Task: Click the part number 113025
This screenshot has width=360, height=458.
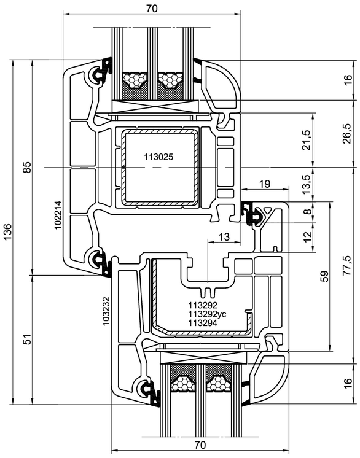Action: click(x=158, y=157)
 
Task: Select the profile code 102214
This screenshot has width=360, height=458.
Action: click(x=58, y=215)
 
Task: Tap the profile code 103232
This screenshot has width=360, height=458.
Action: click(x=106, y=311)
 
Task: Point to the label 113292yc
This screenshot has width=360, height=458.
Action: click(x=207, y=314)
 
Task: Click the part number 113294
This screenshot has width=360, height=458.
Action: click(x=203, y=323)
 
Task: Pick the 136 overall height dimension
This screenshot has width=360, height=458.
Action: click(x=7, y=232)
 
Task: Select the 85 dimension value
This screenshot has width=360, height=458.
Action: click(x=26, y=168)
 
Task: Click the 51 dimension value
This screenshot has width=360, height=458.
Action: click(x=26, y=340)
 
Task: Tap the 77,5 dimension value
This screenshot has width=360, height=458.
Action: click(x=347, y=265)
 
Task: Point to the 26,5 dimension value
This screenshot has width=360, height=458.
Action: click(x=347, y=133)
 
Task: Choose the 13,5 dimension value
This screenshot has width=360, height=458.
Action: click(x=306, y=185)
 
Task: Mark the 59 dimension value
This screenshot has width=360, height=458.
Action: click(x=324, y=276)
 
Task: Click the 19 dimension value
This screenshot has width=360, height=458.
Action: click(x=265, y=184)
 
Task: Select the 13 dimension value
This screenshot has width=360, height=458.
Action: click(x=224, y=237)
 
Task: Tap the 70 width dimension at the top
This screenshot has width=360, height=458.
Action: click(x=152, y=9)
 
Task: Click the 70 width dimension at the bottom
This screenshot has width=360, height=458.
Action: click(x=200, y=445)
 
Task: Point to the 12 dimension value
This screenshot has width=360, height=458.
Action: click(x=307, y=237)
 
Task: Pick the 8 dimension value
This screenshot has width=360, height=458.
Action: click(x=307, y=211)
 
